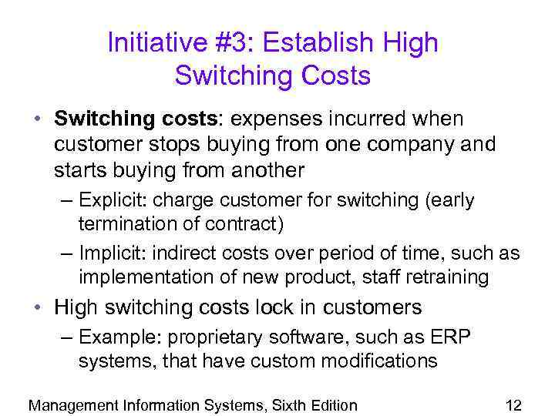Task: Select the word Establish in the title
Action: [307, 42]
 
